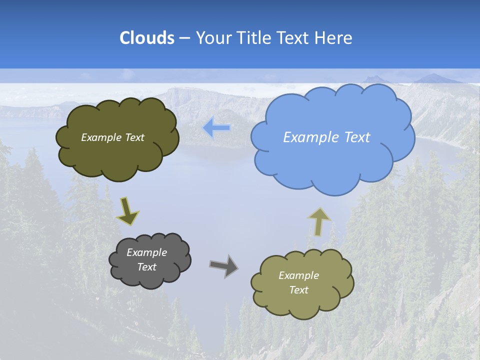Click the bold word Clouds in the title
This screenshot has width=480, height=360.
click(147, 38)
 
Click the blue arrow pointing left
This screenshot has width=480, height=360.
click(216, 128)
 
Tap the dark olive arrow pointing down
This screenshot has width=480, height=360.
click(127, 210)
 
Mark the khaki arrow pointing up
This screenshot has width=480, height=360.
click(319, 221)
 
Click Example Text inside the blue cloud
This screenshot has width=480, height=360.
click(326, 137)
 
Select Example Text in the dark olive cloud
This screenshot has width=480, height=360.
click(112, 137)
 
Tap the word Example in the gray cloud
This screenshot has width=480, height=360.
click(146, 252)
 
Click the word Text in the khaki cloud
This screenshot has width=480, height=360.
click(298, 290)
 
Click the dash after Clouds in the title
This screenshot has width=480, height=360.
click(184, 38)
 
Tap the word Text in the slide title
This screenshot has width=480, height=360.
click(292, 38)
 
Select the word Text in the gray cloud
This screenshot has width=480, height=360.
click(146, 267)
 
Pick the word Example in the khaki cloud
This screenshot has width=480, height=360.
click(298, 275)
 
